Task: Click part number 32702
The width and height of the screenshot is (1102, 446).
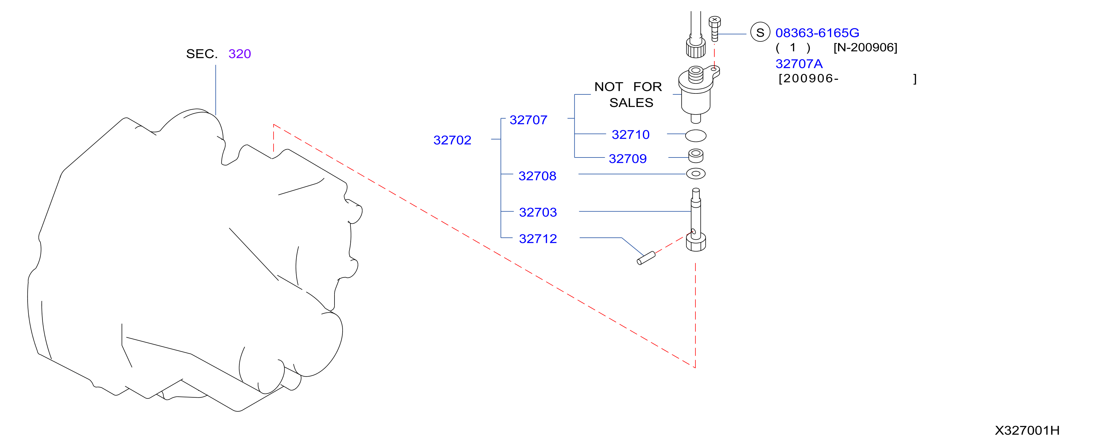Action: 452,140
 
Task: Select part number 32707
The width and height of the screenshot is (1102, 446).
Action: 528,120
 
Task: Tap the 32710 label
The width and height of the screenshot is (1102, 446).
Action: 631,134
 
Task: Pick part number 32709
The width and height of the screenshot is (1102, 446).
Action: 628,158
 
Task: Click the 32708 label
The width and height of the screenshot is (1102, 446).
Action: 537,176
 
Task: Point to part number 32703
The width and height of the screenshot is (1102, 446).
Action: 538,212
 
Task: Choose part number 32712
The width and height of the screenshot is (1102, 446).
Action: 538,239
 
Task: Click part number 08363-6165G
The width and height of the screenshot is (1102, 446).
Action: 817,33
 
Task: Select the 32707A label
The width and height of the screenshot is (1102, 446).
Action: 799,64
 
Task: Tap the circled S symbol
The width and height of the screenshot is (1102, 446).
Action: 760,32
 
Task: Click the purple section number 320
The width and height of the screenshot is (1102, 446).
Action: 240,54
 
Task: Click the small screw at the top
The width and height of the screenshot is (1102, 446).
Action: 714,28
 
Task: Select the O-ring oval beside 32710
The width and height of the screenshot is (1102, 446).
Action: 696,136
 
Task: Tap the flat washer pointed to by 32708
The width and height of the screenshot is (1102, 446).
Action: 696,174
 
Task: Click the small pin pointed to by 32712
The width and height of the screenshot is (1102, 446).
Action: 646,258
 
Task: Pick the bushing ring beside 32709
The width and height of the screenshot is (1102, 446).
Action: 696,156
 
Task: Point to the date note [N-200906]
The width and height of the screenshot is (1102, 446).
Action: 865,47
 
